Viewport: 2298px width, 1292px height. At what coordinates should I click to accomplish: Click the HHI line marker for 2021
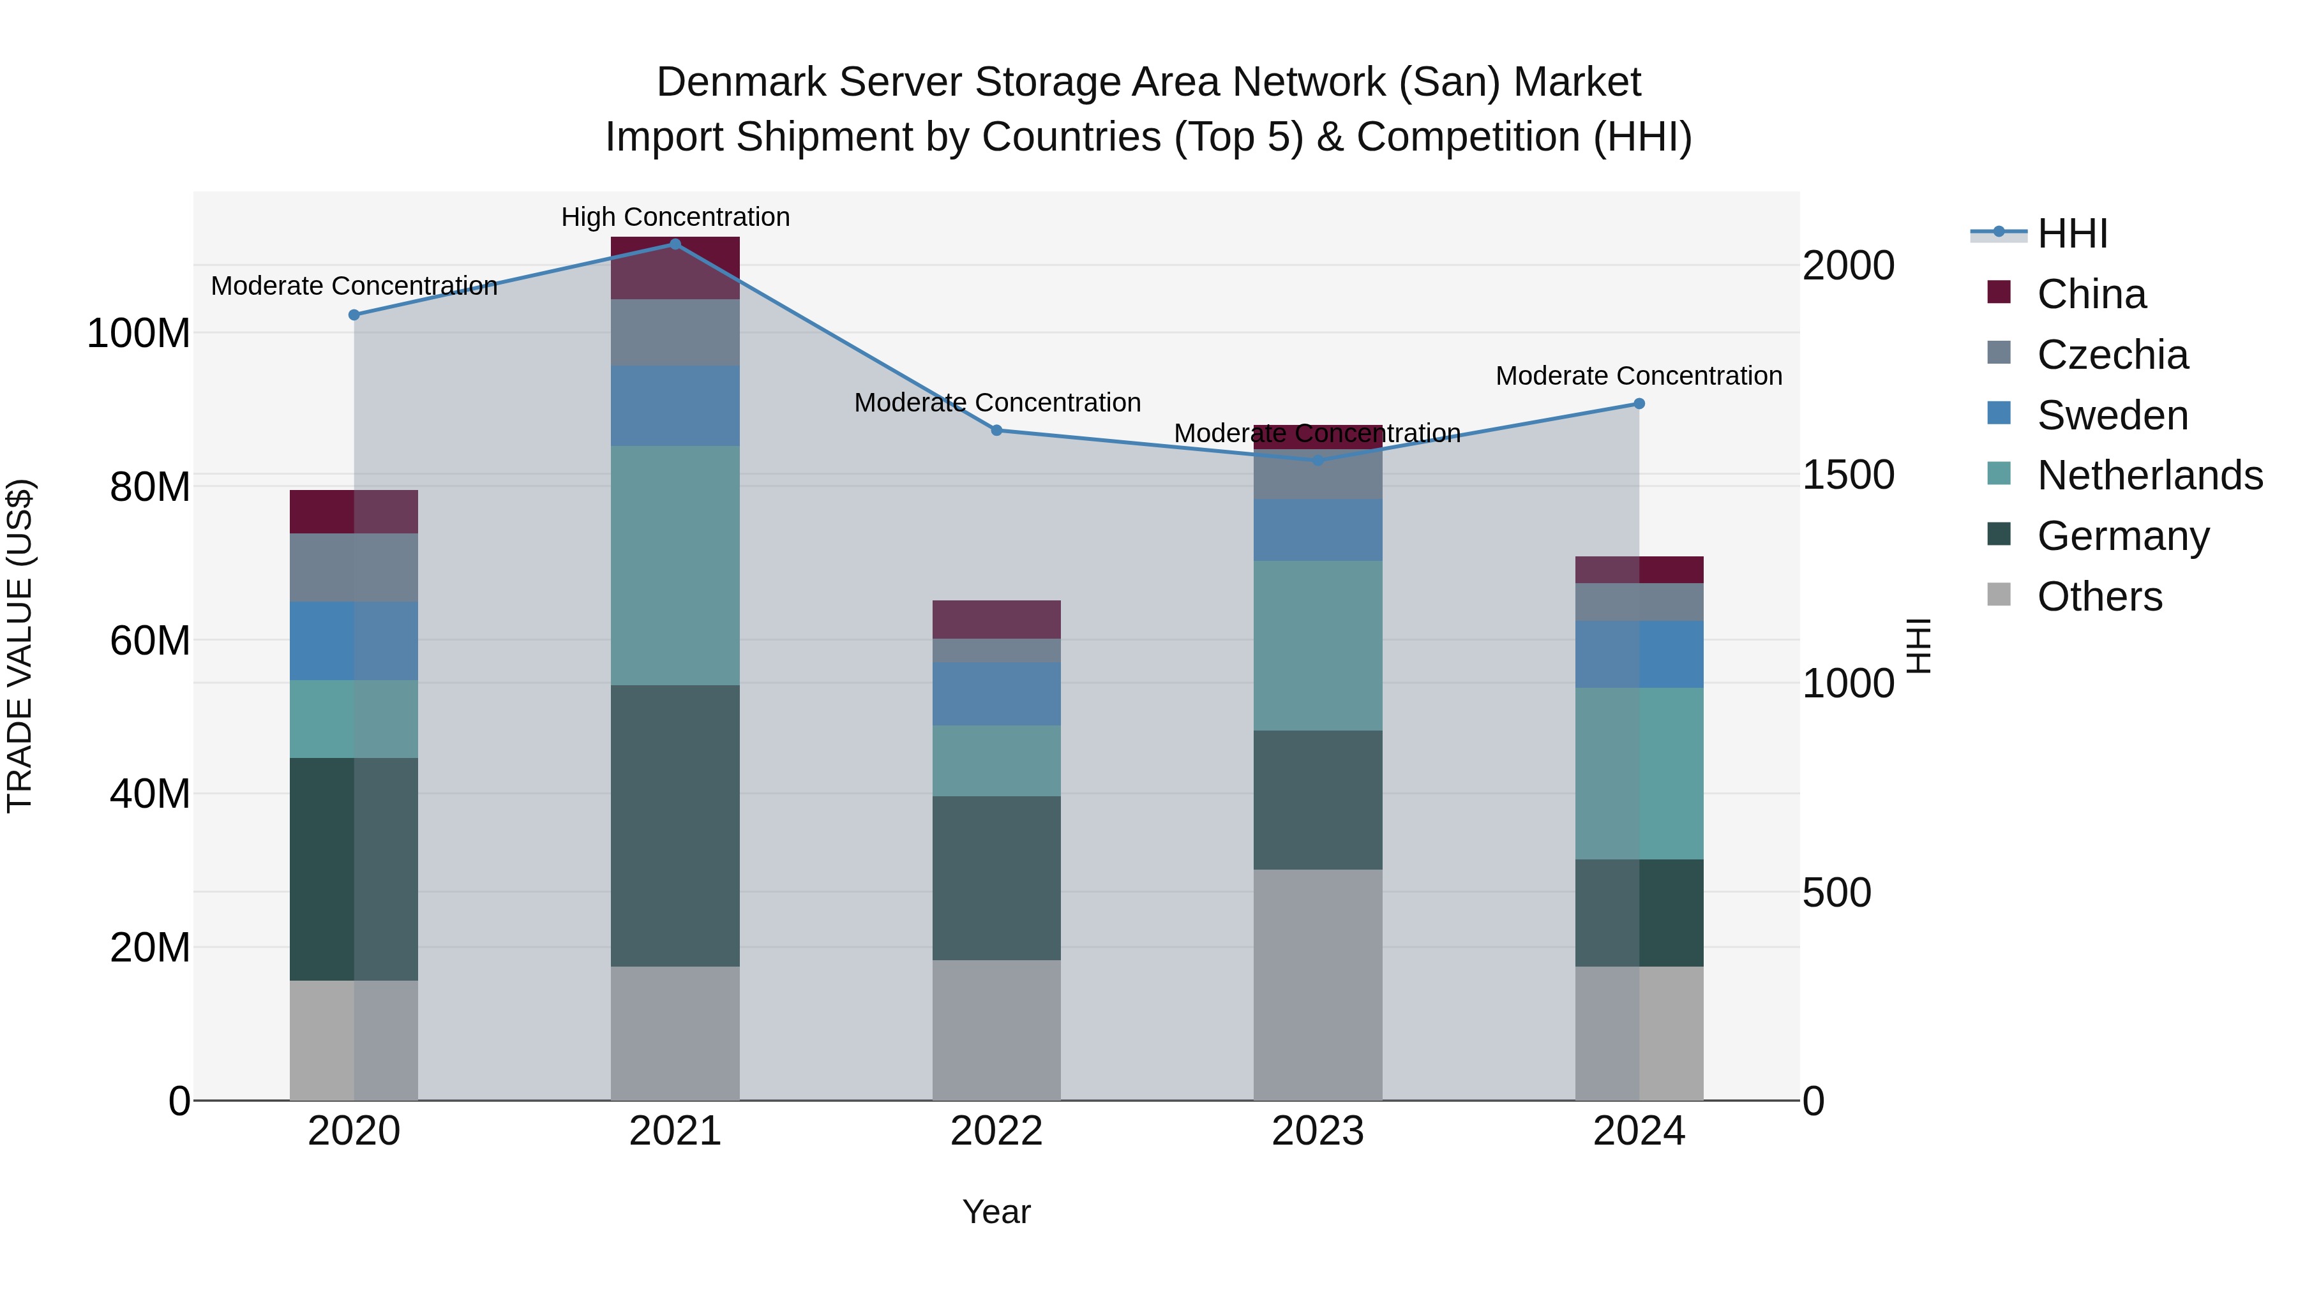tap(675, 244)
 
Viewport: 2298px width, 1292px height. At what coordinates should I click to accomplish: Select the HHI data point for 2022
tap(996, 430)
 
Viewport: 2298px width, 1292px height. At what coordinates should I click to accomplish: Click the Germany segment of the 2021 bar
tap(675, 825)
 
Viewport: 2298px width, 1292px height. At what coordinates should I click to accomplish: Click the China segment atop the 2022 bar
tap(996, 619)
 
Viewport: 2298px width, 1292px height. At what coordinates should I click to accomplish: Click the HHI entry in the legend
tap(2071, 234)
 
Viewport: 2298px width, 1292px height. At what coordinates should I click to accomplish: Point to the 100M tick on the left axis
tap(139, 334)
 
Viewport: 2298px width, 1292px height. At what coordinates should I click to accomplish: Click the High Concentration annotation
tap(675, 217)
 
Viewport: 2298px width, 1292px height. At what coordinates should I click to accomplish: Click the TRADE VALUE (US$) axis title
tap(20, 646)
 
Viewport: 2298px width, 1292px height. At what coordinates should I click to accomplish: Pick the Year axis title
tap(996, 1212)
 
